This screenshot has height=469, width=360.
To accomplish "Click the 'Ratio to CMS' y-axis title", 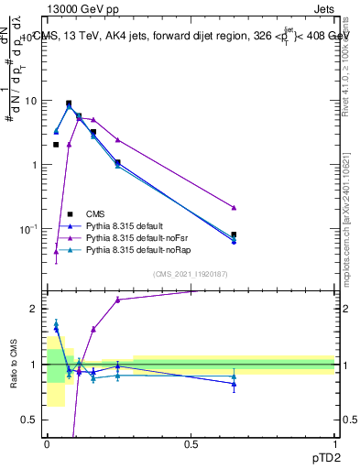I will [13, 365].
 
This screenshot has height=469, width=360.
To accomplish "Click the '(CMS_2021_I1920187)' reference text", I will [191, 273].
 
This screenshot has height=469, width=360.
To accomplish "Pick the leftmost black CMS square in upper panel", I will [56, 145].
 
